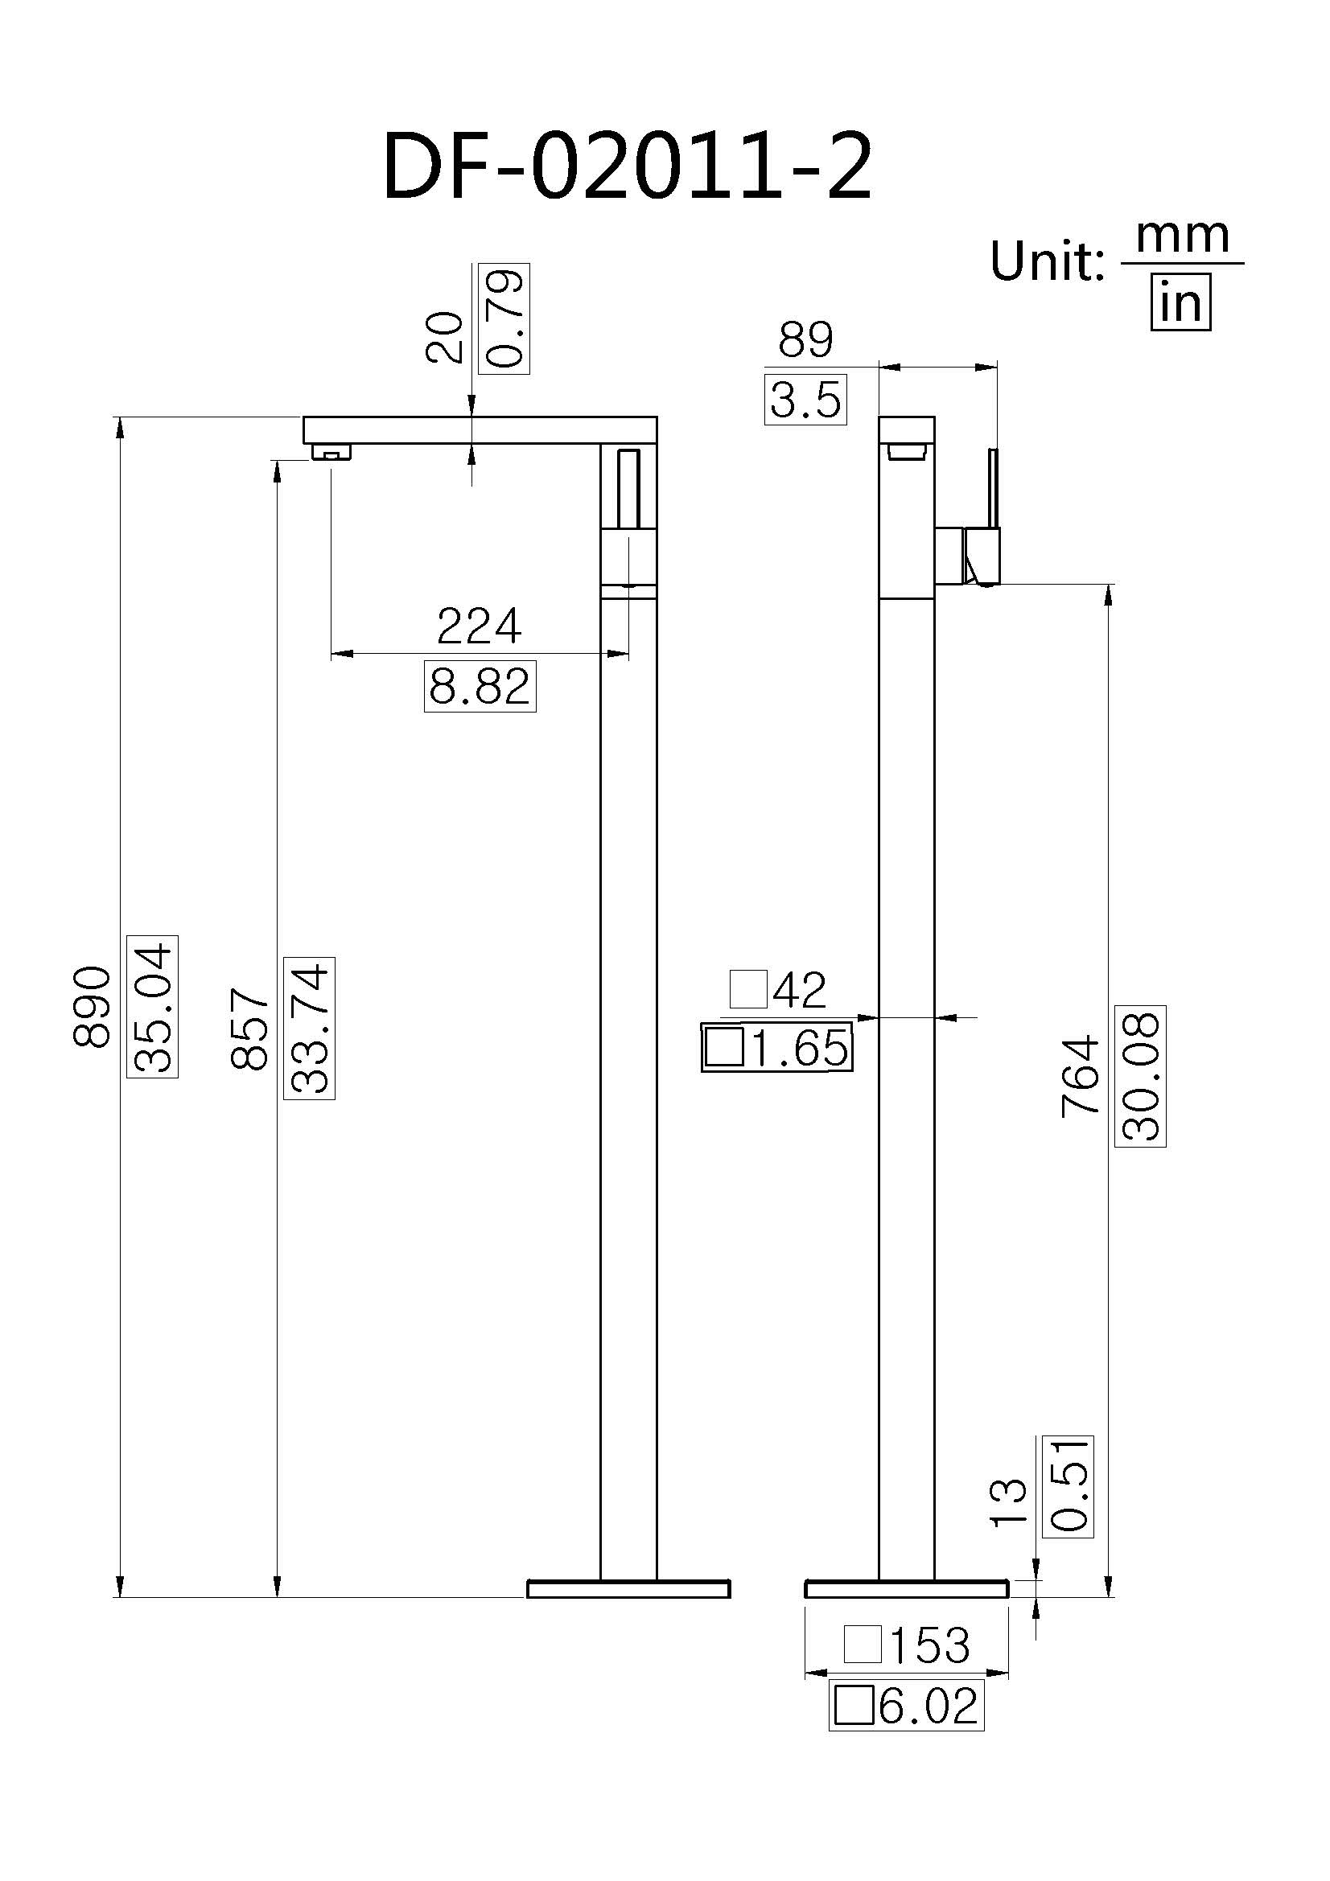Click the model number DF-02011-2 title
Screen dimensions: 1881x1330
coord(627,167)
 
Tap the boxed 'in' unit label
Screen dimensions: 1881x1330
coord(1180,304)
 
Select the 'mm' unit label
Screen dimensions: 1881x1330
coord(1182,236)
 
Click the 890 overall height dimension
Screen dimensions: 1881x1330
coord(92,1006)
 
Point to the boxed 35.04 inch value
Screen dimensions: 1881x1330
coord(153,1006)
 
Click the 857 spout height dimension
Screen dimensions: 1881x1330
coord(250,1029)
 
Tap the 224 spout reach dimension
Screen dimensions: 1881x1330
coord(479,626)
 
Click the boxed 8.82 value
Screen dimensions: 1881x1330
coord(480,687)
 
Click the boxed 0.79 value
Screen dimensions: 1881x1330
coord(504,318)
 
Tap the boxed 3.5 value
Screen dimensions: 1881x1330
coord(805,400)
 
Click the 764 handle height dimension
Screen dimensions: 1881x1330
coord(1080,1075)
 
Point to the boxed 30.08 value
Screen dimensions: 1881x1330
coord(1140,1075)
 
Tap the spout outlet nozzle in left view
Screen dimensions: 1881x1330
coord(331,452)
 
